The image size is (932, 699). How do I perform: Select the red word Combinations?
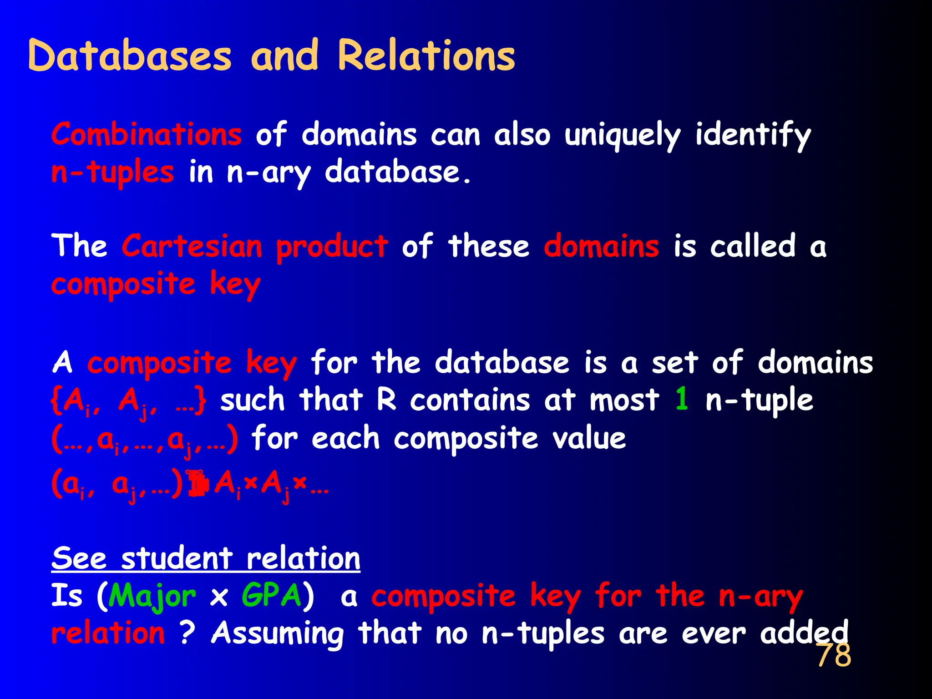(147, 135)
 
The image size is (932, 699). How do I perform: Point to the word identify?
(753, 136)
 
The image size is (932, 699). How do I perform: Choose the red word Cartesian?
(192, 246)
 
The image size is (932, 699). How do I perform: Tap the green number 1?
(681, 399)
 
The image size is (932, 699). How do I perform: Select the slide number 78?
(834, 655)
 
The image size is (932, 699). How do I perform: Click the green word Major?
(152, 596)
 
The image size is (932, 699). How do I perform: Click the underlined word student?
(177, 558)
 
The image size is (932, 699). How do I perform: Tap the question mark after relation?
(187, 633)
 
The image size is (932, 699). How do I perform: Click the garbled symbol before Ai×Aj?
(198, 484)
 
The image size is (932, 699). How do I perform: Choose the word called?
(753, 246)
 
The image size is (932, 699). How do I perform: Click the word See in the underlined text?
(79, 558)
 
